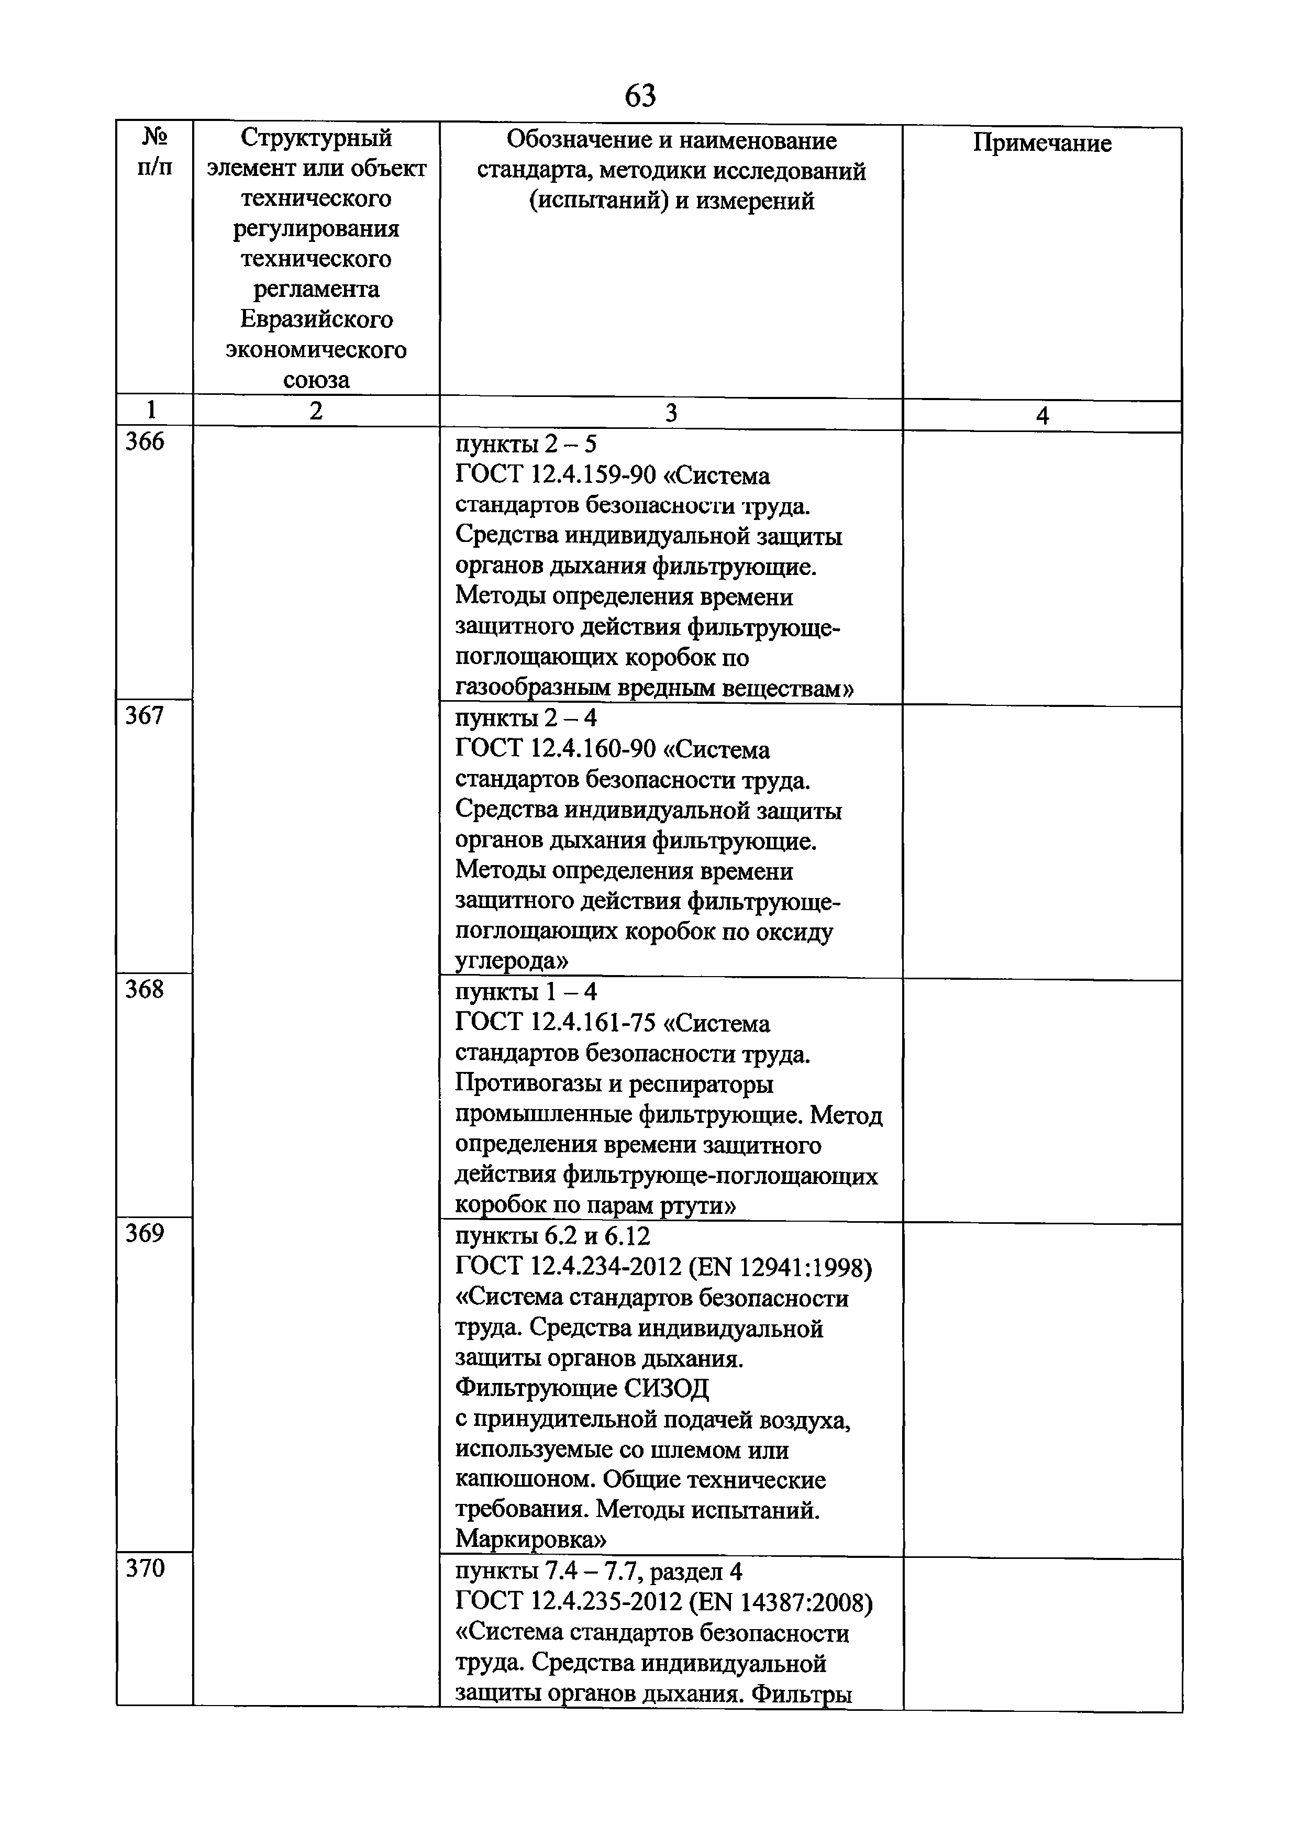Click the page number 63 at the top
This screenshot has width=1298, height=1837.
click(640, 96)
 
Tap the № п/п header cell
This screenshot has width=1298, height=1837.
click(154, 152)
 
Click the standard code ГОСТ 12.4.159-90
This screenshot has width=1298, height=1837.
click(555, 476)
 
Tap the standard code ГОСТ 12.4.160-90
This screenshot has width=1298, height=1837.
click(555, 750)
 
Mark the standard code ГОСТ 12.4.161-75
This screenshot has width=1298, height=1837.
click(555, 1023)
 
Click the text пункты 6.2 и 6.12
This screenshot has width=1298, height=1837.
click(552, 1237)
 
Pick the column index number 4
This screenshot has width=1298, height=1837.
click(1041, 416)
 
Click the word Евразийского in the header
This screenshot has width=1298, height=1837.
click(316, 319)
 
